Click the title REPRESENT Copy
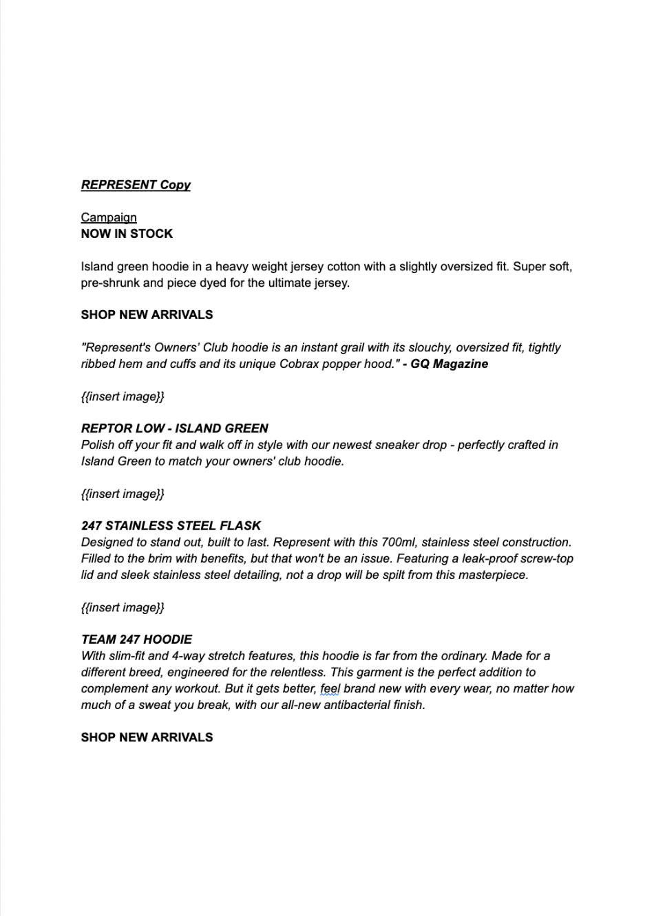coord(136,185)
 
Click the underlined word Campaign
coord(109,217)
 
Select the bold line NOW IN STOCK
coord(127,234)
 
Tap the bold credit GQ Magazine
coord(449,364)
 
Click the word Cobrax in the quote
coord(299,364)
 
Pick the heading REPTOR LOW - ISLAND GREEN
coord(175,428)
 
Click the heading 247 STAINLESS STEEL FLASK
coord(171,526)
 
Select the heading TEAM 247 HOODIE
coord(136,640)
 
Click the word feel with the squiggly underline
coord(330,688)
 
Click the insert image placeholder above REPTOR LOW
coord(123,397)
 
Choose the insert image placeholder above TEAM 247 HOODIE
coord(123,608)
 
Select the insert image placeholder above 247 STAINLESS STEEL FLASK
coord(123,494)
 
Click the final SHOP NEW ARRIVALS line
coord(147,737)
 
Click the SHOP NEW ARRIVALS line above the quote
coord(147,315)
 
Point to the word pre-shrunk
coord(110,283)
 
